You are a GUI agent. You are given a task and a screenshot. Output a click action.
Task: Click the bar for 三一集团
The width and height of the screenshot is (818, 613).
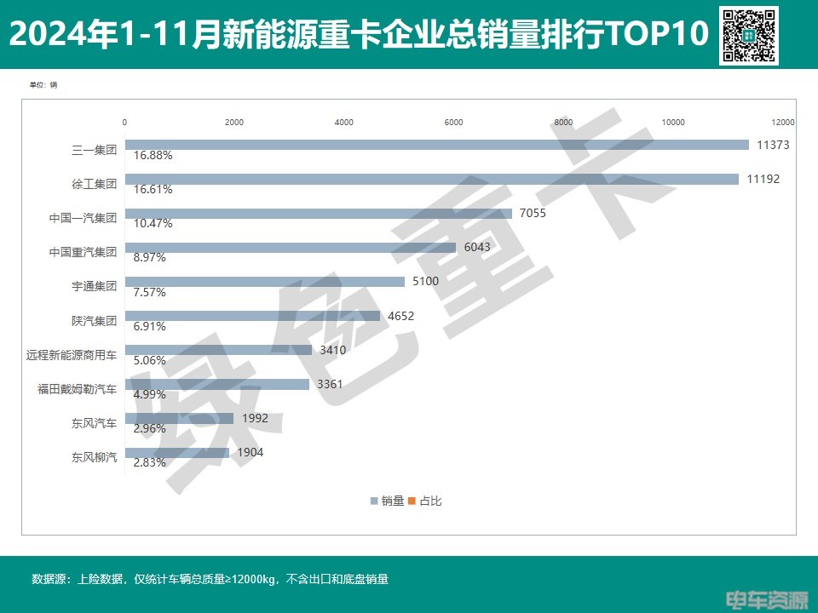(437, 145)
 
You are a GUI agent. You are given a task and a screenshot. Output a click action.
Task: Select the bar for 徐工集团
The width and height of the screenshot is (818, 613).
(432, 179)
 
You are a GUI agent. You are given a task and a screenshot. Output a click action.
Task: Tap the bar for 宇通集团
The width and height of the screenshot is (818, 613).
(265, 281)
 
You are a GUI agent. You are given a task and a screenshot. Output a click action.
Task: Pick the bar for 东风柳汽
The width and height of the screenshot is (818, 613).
(177, 452)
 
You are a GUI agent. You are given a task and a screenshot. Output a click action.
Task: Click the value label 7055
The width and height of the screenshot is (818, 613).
(532, 213)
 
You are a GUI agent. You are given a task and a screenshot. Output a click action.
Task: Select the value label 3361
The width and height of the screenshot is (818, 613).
(329, 384)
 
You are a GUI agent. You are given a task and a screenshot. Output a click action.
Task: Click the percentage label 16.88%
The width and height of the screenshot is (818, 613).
(153, 156)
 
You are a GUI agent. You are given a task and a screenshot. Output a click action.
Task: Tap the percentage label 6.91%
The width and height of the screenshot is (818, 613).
(149, 326)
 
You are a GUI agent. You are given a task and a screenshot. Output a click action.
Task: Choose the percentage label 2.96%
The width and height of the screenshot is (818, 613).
(149, 429)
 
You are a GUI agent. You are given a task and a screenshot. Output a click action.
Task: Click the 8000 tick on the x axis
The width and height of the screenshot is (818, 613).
(563, 123)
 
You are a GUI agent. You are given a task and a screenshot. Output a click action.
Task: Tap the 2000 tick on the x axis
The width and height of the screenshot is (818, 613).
(234, 123)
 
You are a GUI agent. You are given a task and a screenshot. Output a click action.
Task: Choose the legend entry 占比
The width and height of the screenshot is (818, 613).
(426, 501)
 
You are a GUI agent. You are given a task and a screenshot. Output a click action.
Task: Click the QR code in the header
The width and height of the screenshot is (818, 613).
(749, 35)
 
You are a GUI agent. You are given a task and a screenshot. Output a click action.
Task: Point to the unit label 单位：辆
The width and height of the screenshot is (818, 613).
(43, 85)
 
